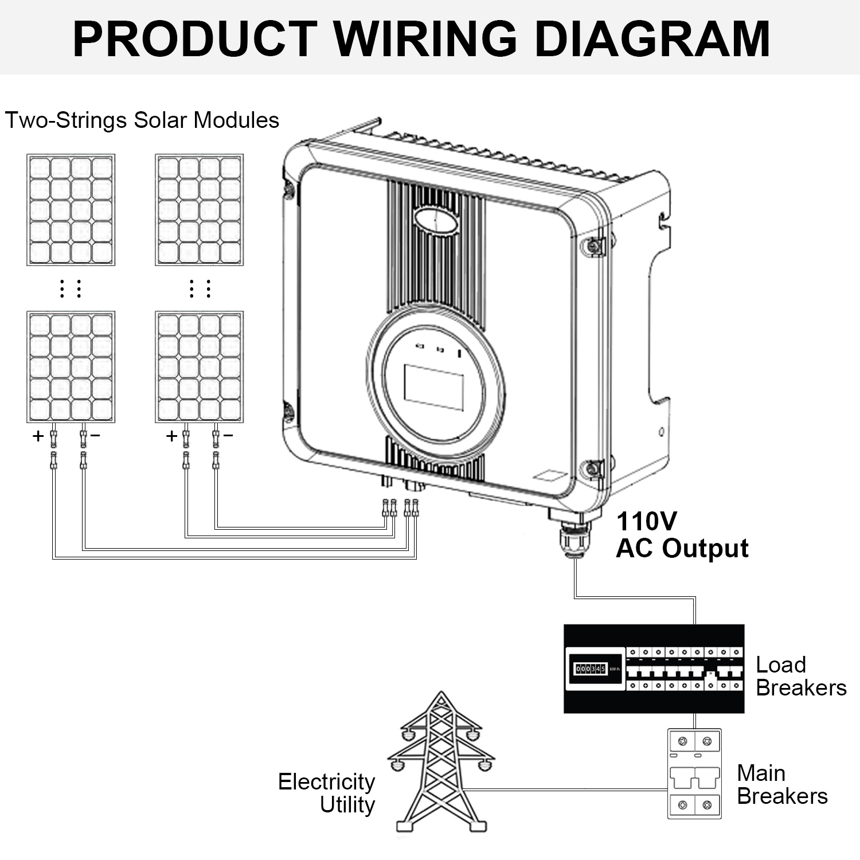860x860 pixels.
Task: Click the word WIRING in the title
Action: pos(426,38)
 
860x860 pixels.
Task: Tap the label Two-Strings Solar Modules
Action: pos(142,120)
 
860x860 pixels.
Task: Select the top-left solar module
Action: pos(71,210)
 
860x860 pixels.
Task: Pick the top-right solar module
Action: pos(199,210)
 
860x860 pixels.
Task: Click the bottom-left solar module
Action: pos(71,367)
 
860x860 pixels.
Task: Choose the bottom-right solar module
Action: pos(199,367)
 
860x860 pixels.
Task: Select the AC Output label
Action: pos(682,549)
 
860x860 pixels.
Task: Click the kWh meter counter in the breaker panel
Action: pos(591,669)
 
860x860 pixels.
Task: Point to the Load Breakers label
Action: pos(801,677)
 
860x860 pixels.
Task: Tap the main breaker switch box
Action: pos(694,773)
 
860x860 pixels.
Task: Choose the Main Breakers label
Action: pos(782,785)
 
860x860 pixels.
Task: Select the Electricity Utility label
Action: pos(326,793)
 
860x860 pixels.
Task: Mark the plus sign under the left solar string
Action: pos(38,436)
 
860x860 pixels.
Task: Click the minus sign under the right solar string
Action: pos(228,436)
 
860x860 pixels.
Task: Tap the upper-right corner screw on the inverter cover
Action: pos(594,245)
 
